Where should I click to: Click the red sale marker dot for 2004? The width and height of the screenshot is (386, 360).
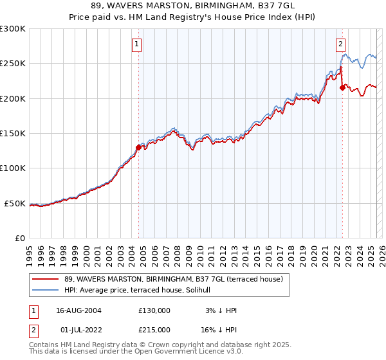pos(138,147)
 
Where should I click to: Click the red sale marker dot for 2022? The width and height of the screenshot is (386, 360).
pos(342,88)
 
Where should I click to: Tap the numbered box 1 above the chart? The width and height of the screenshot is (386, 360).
pos(138,44)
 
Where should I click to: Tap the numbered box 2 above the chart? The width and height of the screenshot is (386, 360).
pos(340,44)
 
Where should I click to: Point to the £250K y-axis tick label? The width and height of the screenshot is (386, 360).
pos(13,64)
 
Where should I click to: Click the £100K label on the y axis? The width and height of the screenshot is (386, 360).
pos(13,168)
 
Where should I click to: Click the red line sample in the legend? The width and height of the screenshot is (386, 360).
pos(45,279)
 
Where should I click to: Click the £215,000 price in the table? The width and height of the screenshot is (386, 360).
pos(154,330)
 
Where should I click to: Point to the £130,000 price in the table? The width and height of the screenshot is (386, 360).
pos(154,310)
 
